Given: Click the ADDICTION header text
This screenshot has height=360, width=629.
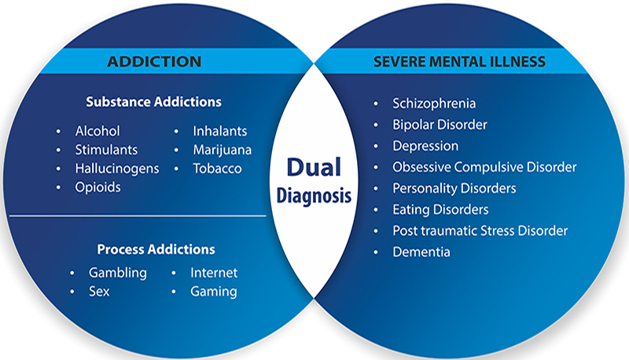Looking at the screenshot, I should pos(154,61).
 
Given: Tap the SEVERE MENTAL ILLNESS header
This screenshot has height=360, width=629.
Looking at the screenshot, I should pos(471,61).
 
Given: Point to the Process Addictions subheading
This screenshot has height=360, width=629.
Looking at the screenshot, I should pos(156,249).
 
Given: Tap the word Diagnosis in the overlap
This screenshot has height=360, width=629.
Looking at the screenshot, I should pos(314,197).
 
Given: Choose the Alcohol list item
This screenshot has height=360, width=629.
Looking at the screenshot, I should pos(97,131).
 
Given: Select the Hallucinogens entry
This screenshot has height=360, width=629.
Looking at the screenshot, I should pos(117,169).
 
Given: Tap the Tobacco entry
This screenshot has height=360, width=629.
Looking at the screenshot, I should pos(216,169).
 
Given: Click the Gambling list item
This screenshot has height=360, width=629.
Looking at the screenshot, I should pos(118,273).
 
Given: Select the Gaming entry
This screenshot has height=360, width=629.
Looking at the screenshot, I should pos(213,292).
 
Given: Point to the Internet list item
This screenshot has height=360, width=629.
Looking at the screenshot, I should pos(214,273).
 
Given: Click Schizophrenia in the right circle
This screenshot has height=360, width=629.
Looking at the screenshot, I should pos(434,103).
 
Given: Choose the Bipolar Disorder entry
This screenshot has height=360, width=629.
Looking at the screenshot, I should pos(440,124).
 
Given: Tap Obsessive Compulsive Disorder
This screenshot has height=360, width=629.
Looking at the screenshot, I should pos(484,167).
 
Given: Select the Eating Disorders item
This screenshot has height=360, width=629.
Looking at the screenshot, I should pos(440,210).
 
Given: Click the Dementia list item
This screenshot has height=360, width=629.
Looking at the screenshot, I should pos(421,252).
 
